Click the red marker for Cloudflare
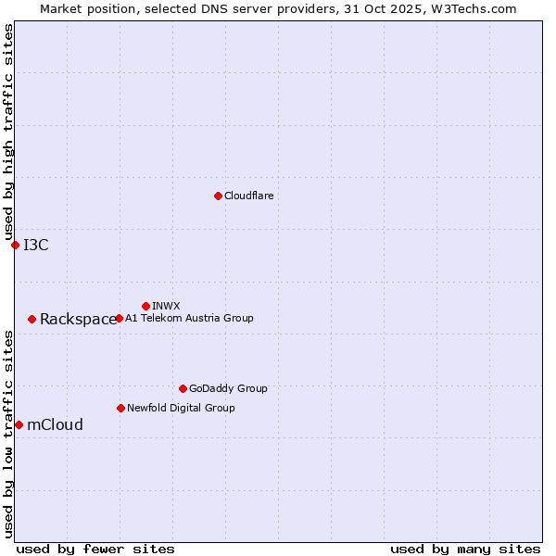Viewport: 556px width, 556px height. [x=218, y=196]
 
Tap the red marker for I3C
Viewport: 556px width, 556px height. [x=15, y=245]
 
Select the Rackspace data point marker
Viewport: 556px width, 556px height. [x=32, y=319]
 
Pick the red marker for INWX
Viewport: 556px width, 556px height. [x=145, y=306]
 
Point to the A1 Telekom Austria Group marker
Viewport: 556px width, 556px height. [x=119, y=318]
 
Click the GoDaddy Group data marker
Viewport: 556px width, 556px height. [x=183, y=388]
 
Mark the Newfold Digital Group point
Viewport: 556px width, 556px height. [x=120, y=408]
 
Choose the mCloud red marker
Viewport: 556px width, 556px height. [x=19, y=424]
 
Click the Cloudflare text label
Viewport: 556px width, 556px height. [x=248, y=196]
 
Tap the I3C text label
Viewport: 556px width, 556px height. [x=36, y=245]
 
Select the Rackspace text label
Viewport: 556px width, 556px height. [x=78, y=320]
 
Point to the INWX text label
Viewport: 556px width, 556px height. [x=166, y=306]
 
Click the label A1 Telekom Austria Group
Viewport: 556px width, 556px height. [x=189, y=318]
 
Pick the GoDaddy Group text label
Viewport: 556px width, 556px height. [x=228, y=388]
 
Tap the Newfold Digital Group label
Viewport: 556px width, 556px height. [x=181, y=408]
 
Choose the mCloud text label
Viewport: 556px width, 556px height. [x=55, y=425]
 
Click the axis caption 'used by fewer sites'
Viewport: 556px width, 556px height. [x=95, y=549]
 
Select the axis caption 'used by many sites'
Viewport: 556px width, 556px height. [x=465, y=549]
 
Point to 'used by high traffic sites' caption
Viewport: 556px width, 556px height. [x=8, y=133]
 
